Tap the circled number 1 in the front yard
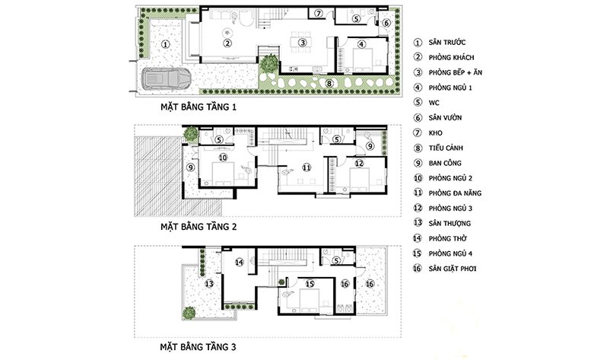[166, 44]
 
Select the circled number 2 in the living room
[227, 43]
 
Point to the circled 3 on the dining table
[302, 43]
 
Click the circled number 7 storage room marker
[319, 14]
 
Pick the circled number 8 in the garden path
[329, 83]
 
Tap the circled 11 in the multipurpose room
[306, 167]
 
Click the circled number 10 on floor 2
[223, 158]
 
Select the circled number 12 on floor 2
[359, 163]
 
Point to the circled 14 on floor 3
[240, 262]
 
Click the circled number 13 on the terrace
[209, 283]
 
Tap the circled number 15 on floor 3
[310, 284]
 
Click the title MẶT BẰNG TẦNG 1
[199, 107]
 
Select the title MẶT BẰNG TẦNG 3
[199, 347]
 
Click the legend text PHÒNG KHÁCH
[451, 58]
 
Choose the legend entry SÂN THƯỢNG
[449, 224]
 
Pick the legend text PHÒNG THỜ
[448, 238]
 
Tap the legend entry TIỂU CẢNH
[446, 148]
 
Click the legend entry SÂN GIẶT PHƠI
[453, 269]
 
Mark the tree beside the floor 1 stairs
[268, 62]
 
